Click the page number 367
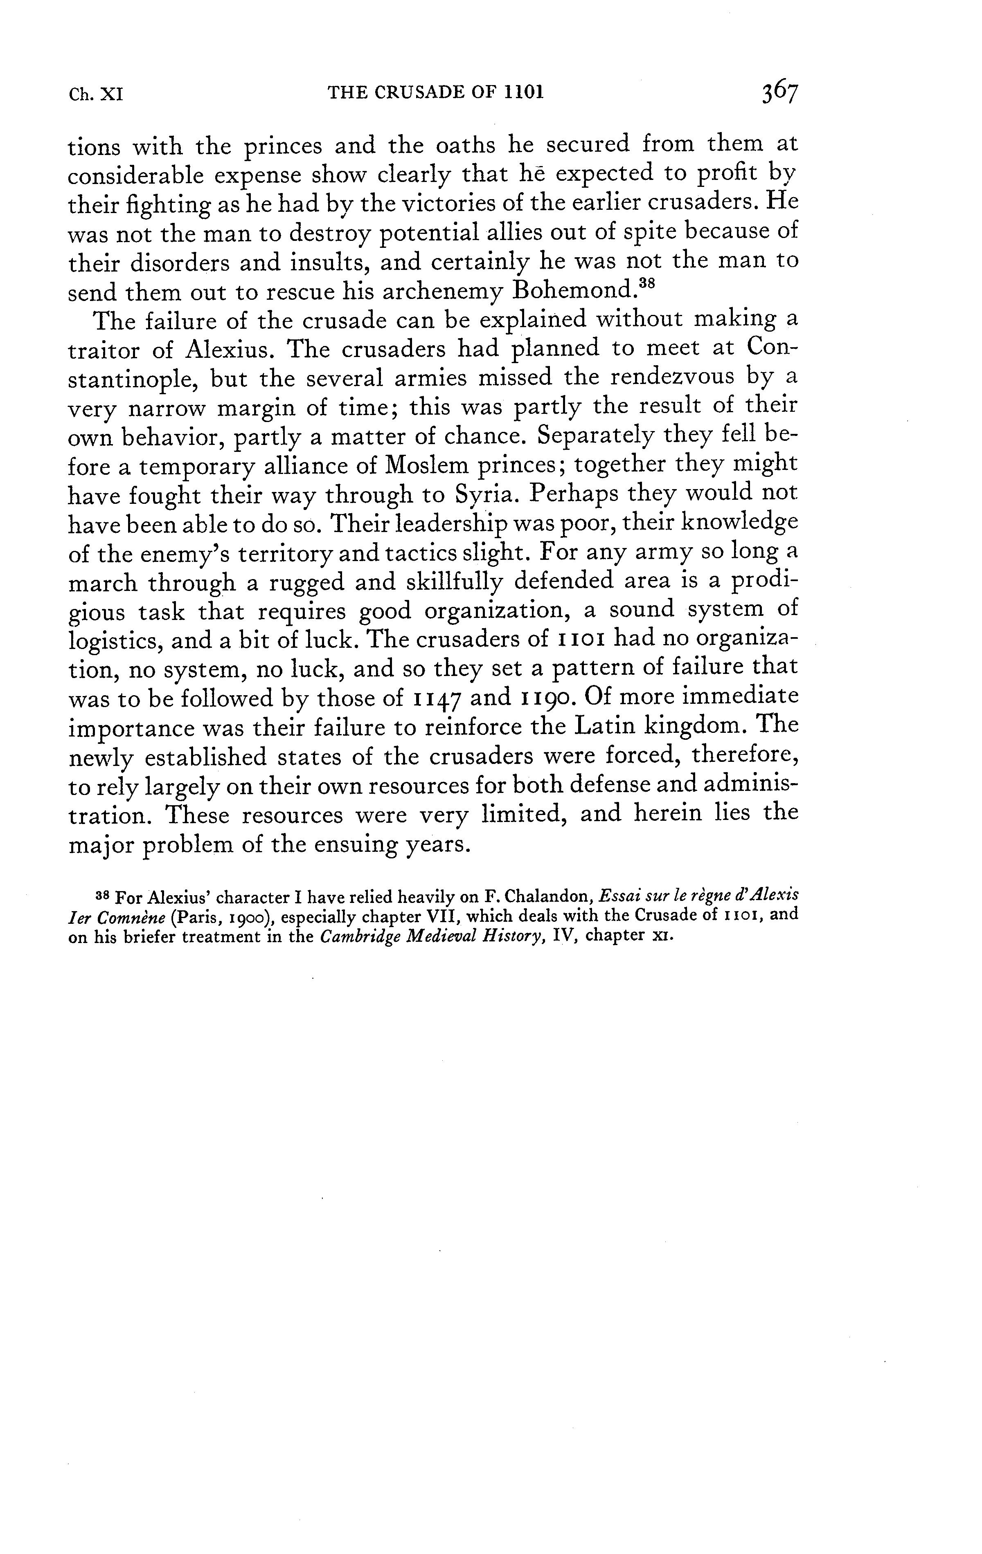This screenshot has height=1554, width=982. (x=779, y=92)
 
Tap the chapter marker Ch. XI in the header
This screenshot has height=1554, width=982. (x=96, y=94)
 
